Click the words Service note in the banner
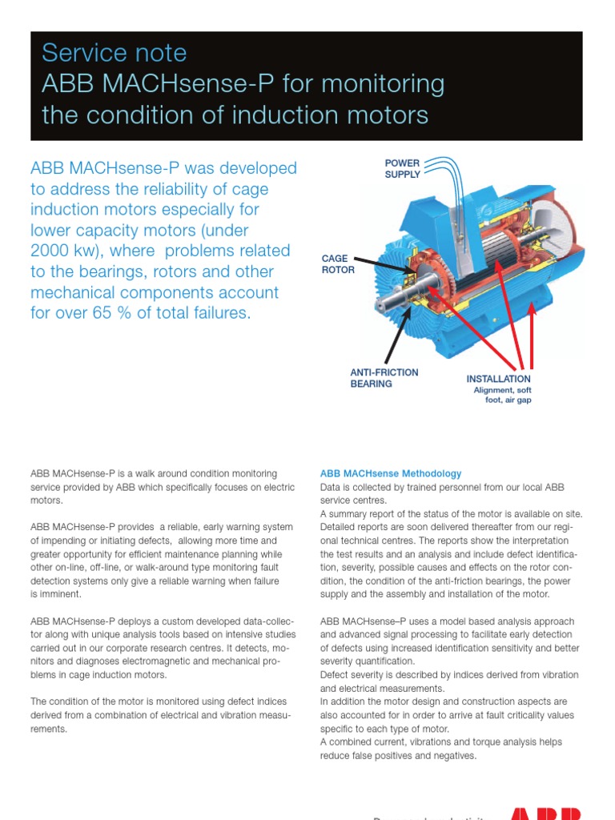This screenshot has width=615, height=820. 114,54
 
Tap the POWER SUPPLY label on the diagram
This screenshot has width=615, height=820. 402,169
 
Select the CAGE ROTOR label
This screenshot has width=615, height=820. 337,264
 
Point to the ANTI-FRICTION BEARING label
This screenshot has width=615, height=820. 384,378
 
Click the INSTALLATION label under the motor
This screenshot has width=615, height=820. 498,379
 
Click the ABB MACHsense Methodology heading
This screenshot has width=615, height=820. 391,474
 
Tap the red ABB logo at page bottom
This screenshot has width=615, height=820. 545,813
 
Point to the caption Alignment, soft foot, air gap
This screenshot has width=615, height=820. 502,395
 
